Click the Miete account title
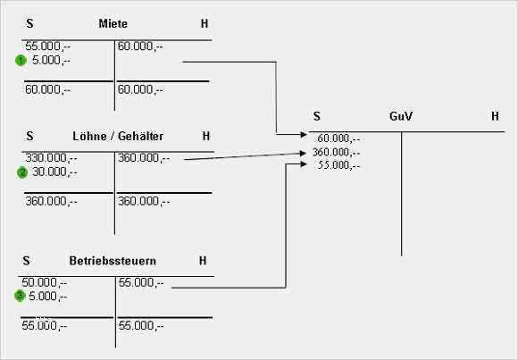click(x=113, y=23)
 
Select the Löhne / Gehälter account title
click(x=118, y=136)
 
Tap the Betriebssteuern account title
click(x=113, y=261)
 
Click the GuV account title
click(x=401, y=116)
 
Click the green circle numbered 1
click(x=21, y=61)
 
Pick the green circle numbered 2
click(x=22, y=172)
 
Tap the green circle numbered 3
click(x=20, y=296)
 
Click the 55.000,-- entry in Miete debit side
click(x=48, y=46)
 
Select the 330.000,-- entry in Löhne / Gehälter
click(x=52, y=158)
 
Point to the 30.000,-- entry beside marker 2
click(x=54, y=172)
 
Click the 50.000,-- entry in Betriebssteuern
click(x=45, y=282)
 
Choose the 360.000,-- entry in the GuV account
click(x=337, y=152)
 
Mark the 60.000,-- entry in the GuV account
click(x=338, y=138)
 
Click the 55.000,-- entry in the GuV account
click(x=338, y=165)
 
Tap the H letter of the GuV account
click(x=495, y=116)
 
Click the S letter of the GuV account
click(x=317, y=116)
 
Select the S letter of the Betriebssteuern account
click(x=27, y=261)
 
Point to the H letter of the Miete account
click(x=205, y=23)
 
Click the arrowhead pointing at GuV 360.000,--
click(x=302, y=153)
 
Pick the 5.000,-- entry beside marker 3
click(x=47, y=297)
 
